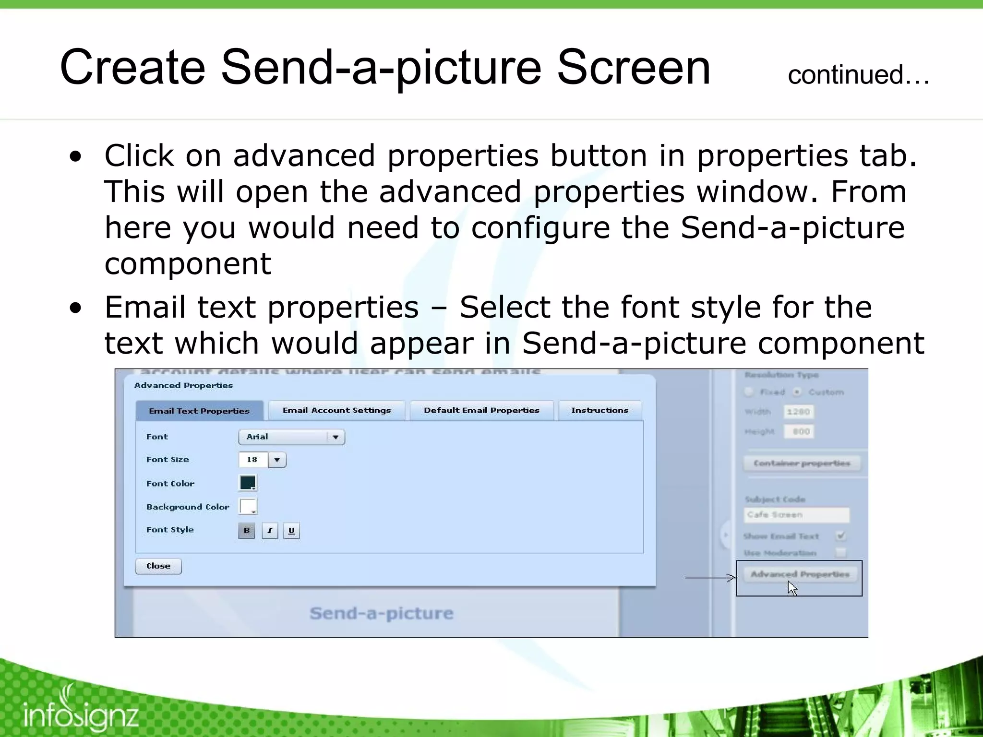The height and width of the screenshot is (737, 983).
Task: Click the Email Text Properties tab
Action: click(199, 411)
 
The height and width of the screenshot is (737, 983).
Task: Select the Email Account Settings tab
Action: click(336, 410)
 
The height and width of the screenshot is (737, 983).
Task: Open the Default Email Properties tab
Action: click(481, 410)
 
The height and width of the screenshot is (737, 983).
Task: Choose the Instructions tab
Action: click(599, 410)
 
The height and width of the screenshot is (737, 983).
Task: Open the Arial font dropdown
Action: click(291, 437)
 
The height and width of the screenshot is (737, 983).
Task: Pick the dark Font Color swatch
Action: click(248, 483)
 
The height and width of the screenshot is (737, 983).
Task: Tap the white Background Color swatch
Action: click(248, 506)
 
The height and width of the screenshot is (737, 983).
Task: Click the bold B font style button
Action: click(246, 530)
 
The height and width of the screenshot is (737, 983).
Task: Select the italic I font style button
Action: click(270, 530)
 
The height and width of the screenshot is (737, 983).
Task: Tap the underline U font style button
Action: click(291, 530)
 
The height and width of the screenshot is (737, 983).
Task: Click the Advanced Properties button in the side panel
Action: click(800, 574)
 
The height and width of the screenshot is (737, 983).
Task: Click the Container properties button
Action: click(802, 463)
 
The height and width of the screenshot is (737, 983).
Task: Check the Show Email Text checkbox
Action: click(840, 535)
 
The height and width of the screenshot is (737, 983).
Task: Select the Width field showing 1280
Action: click(798, 412)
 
